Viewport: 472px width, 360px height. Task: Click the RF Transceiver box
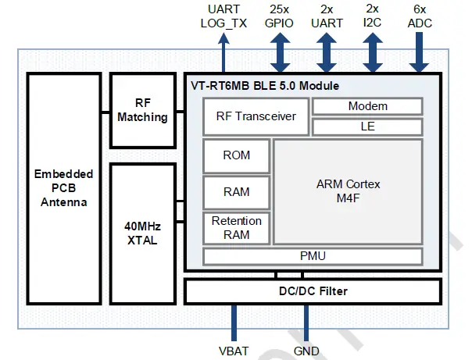[x=256, y=116]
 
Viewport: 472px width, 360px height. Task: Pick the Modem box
[x=367, y=106]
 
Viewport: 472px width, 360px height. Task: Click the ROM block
[x=237, y=155]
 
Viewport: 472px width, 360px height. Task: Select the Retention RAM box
[x=237, y=228]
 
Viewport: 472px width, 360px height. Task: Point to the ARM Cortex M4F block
[x=348, y=192]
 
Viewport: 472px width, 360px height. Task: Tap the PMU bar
[x=313, y=256]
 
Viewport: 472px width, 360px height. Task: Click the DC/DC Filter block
[x=313, y=291]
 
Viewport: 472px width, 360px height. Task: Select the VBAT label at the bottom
[x=234, y=351]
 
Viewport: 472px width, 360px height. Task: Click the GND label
[x=306, y=351]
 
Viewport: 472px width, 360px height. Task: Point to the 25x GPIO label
[x=280, y=16]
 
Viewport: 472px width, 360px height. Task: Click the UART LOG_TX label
[x=224, y=16]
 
